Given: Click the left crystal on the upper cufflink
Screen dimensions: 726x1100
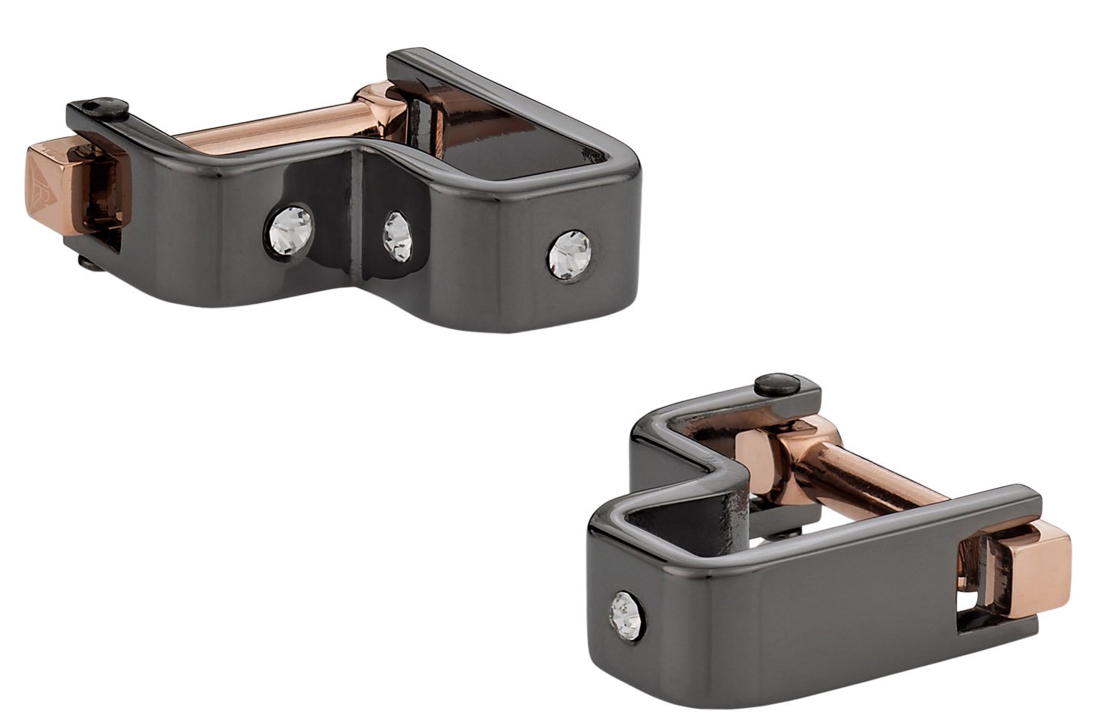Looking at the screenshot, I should point(291,222).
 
